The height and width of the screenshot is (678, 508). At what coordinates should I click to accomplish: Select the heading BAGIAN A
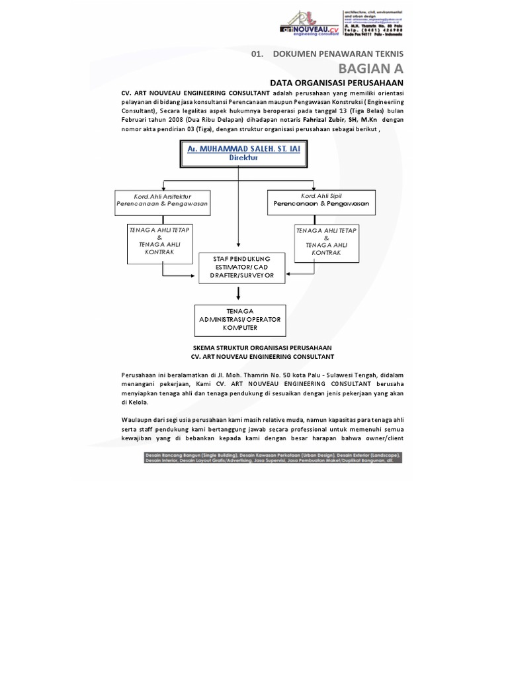[370, 68]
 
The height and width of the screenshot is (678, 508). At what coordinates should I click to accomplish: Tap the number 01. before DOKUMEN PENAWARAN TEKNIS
[257, 53]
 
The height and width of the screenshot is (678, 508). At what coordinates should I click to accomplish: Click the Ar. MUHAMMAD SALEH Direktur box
[243, 154]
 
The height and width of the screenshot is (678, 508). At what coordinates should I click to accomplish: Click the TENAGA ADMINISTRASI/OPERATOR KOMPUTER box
[240, 319]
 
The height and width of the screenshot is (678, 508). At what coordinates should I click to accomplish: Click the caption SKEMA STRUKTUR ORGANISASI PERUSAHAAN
[262, 348]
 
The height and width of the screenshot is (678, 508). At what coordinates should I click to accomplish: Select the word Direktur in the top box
[243, 159]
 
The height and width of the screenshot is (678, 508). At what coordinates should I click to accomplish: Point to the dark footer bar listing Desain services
[273, 458]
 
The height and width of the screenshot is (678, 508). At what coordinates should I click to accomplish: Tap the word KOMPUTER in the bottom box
[240, 328]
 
